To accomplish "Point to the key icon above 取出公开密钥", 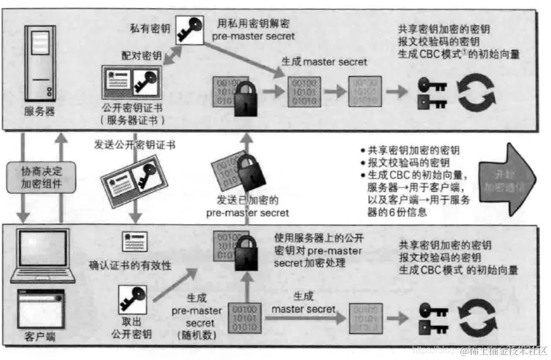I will pyautogui.click(x=133, y=299).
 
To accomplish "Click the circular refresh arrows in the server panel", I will pyautogui.click(x=476, y=92).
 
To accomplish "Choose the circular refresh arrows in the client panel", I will pyautogui.click(x=475, y=320).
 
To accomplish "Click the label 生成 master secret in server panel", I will pyautogui.click(x=324, y=61).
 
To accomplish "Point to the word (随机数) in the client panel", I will pyautogui.click(x=195, y=335).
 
